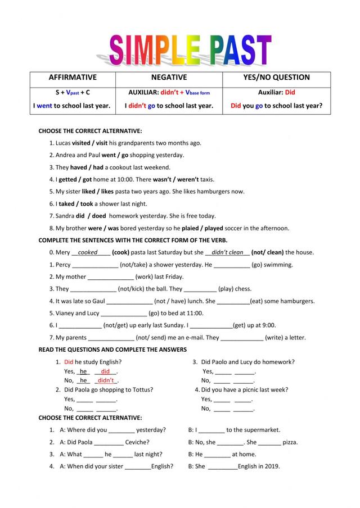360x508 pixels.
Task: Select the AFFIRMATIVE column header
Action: pos(73,78)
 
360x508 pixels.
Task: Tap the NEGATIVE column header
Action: pos(169,78)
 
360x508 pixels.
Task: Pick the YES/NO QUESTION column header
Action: pos(276,78)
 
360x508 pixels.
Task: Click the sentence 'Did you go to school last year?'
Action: pos(276,105)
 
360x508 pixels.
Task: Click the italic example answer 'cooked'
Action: pos(88,252)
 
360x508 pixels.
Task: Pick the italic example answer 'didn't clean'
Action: pos(227,252)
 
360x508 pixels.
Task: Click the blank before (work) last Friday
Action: pos(111,277)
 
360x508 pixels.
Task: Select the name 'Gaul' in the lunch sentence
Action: pos(99,301)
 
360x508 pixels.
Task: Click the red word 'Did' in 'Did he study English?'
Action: pos(69,362)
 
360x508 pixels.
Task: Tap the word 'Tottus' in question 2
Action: pos(143,389)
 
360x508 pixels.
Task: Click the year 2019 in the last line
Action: pos(271,466)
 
